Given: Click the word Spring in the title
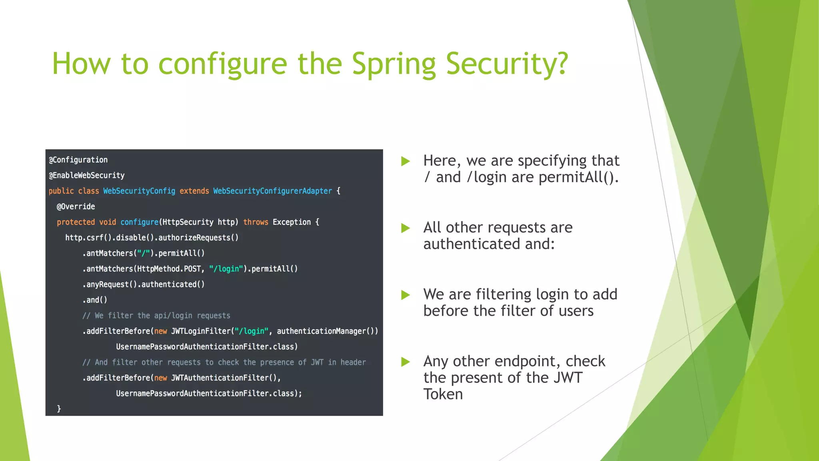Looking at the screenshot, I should tap(394, 64).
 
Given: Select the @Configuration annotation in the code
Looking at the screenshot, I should tap(78, 160).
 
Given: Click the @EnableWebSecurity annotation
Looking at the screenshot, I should tap(86, 175).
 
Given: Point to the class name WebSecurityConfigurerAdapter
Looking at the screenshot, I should tap(272, 191).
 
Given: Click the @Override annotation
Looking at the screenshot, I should tap(76, 206).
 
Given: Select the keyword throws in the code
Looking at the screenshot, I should tap(256, 222).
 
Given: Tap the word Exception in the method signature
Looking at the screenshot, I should tap(292, 222).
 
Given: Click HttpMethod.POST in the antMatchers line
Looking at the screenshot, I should tap(169, 269).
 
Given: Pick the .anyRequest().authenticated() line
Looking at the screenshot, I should tap(143, 285).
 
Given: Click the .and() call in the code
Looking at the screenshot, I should tap(95, 300).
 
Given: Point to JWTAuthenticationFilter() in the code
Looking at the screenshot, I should tap(224, 378).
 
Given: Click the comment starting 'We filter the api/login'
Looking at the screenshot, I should tap(156, 316).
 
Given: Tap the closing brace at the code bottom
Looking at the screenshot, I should tap(59, 409).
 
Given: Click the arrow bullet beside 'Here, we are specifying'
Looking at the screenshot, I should tap(406, 161).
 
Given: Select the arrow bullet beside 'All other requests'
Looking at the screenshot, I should tap(406, 228).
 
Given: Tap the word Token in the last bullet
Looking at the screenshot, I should tap(443, 394).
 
